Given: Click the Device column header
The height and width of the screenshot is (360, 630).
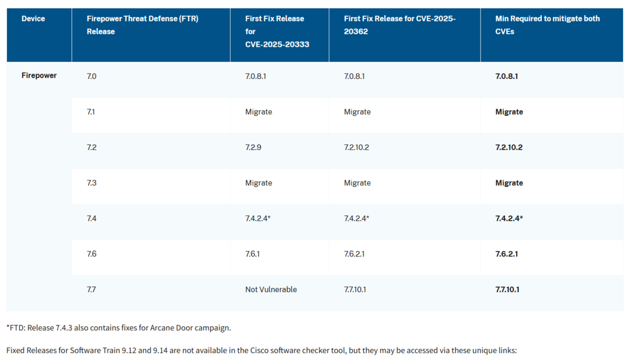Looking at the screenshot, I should pos(33,19).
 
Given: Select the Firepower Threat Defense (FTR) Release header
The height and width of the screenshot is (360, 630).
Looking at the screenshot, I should pos(142,25).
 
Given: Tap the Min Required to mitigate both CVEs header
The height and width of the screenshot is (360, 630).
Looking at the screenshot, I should pos(547,25).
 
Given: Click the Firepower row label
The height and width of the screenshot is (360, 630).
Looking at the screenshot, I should pos(39,76).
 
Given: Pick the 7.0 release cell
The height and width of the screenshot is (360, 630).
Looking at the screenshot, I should pos(92,76).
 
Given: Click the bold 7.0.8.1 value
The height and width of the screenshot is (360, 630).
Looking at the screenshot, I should pos(507,76).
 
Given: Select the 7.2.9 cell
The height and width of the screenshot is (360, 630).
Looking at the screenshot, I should pos(253,147).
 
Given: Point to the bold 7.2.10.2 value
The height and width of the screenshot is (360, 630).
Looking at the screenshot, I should pos(509,147).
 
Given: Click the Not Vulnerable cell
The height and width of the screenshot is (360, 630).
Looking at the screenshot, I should pos(271,289).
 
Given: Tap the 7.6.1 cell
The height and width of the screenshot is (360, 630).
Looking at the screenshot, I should pos(252,254).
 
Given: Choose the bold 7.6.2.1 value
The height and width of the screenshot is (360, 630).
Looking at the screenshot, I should pos(507,254).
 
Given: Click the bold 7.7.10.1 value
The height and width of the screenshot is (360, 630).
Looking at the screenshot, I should pos(507,289).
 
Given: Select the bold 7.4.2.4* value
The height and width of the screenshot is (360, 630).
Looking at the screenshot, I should pos(509,218).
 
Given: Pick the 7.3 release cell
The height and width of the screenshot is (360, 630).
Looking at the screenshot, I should pos(92,183).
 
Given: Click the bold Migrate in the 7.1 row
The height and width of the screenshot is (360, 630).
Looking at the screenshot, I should pos(509,111).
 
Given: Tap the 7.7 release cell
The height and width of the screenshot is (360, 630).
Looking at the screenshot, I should pos(92,289).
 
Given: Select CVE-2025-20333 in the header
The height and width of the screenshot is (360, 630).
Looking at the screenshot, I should pos(277,44).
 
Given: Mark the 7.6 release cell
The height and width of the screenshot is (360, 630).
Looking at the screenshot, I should pos(92,254).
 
